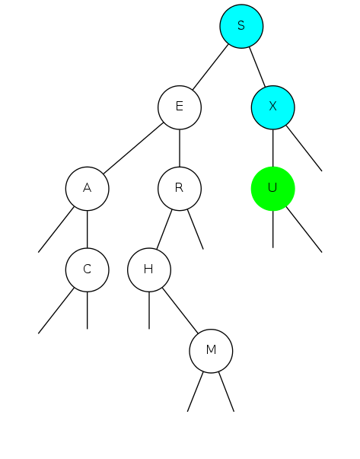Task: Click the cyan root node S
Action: pyautogui.click(x=241, y=27)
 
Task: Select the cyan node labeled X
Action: pyautogui.click(x=272, y=107)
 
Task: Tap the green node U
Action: pyautogui.click(x=272, y=189)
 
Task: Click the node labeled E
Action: pyautogui.click(x=180, y=107)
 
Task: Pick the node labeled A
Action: pyautogui.click(x=88, y=189)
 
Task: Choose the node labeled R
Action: pyautogui.click(x=180, y=189)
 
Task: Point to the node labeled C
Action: pyautogui.click(x=88, y=269)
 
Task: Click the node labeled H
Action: pyautogui.click(x=149, y=269)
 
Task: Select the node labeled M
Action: pyautogui.click(x=211, y=351)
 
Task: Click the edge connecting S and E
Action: pyautogui.click(x=210, y=67)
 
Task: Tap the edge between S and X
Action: pyautogui.click(x=257, y=67)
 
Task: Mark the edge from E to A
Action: pyautogui.click(x=133, y=148)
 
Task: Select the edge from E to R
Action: pyautogui.click(x=180, y=148)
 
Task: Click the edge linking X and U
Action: pyautogui.click(x=272, y=148)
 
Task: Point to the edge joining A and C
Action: pyautogui.click(x=88, y=229)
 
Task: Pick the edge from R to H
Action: pyautogui.click(x=164, y=229)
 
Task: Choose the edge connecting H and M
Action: pyautogui.click(x=180, y=311)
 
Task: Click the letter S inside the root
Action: pyautogui.click(x=241, y=25)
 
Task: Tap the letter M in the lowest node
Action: pyautogui.click(x=211, y=349)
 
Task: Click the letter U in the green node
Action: pyautogui.click(x=272, y=187)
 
